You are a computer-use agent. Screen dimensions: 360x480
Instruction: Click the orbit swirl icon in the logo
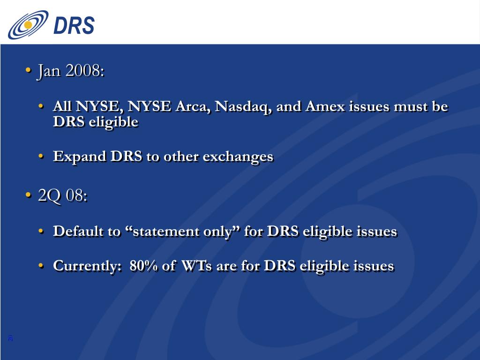28,25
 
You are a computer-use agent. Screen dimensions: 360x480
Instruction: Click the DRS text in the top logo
74,25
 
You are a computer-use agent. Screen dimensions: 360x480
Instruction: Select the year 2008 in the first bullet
83,71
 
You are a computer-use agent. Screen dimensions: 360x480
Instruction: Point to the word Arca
191,107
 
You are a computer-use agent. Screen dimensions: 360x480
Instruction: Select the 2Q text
49,196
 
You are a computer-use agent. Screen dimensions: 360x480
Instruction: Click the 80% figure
144,266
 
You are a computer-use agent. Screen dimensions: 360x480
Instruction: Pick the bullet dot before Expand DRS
42,157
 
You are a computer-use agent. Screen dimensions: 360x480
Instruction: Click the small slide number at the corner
10,338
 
